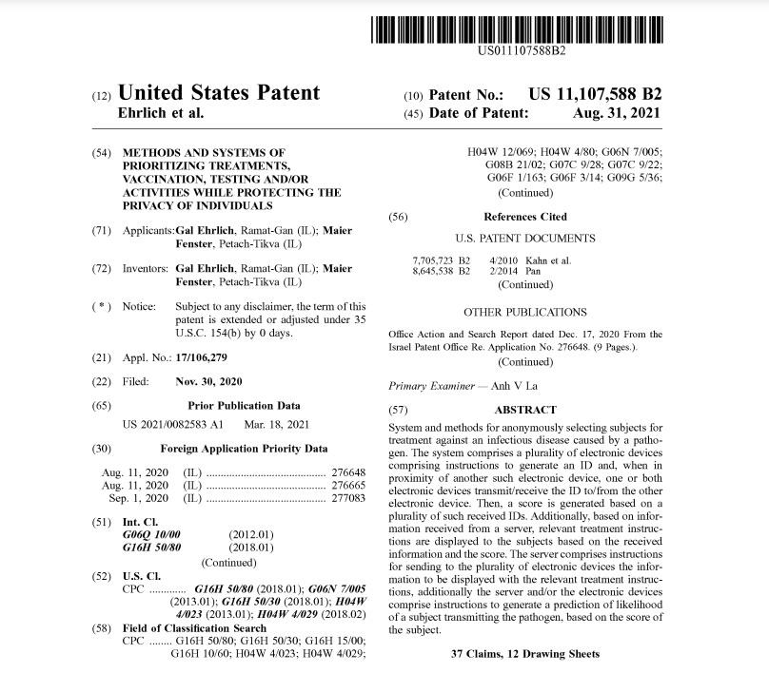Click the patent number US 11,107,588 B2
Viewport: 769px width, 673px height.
point(595,94)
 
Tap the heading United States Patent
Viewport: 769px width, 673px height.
point(218,93)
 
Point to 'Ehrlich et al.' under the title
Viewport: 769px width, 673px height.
point(160,113)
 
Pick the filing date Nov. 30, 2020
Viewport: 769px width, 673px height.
point(209,382)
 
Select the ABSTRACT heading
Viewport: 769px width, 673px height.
point(525,410)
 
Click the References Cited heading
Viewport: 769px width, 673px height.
point(525,217)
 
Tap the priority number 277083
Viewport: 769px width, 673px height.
point(347,497)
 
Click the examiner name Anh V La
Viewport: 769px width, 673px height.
point(524,387)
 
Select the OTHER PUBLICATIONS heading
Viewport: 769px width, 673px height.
point(525,312)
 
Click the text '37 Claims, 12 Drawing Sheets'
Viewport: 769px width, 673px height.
point(525,654)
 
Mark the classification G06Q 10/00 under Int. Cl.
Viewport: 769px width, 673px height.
point(150,535)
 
